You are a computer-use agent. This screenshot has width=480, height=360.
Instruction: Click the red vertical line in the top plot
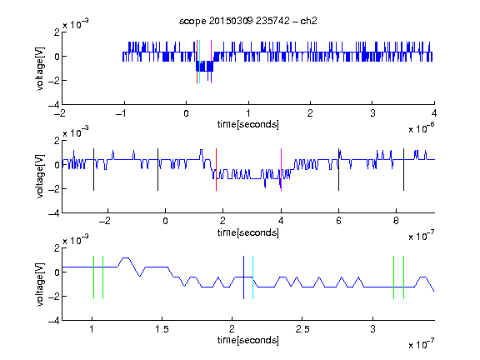pos(197,62)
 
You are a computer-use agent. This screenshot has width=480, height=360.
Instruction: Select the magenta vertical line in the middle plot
pos(281,170)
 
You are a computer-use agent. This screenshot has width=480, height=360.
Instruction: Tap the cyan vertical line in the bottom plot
pos(252,277)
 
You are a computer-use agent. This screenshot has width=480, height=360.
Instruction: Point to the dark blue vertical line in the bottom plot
pos(243,277)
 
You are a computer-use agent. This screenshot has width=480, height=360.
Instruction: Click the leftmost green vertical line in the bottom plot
pos(93,277)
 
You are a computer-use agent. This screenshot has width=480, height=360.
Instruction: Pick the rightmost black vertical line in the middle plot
pos(403,170)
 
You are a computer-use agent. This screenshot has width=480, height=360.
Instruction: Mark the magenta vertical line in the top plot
pos(211,62)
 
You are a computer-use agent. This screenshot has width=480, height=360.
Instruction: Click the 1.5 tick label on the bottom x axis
pos(162,329)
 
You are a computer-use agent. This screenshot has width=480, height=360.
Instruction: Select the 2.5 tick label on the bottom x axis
pos(302,329)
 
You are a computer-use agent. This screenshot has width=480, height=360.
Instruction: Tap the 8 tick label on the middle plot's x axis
pos(396,221)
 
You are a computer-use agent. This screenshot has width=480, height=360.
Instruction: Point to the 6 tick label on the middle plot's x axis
pos(338,221)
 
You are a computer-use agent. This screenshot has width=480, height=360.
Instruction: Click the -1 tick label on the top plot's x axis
pos(122,113)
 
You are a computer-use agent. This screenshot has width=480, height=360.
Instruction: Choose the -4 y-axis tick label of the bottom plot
pos(54,321)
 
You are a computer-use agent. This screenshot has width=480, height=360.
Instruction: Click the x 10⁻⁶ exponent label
pos(422,128)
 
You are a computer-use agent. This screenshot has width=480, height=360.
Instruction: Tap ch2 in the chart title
pos(308,21)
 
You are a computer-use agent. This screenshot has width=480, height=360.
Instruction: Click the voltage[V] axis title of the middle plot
pos(40,177)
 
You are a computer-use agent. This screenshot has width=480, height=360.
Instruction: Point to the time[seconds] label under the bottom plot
pos(248,340)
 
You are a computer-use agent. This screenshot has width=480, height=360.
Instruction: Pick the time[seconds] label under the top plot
pos(248,124)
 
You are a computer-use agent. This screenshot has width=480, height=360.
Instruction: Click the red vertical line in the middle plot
pos(216,170)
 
